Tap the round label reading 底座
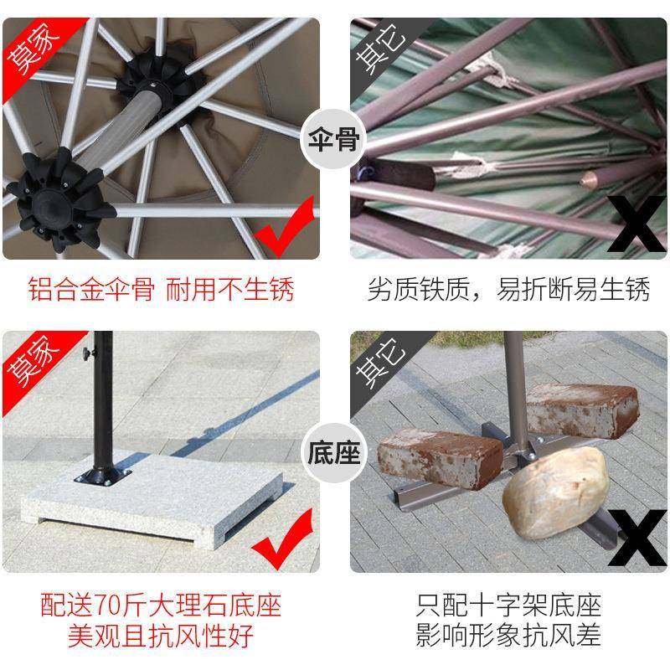tap(334, 455)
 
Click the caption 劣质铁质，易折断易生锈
tap(508, 290)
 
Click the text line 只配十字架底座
tap(508, 605)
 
